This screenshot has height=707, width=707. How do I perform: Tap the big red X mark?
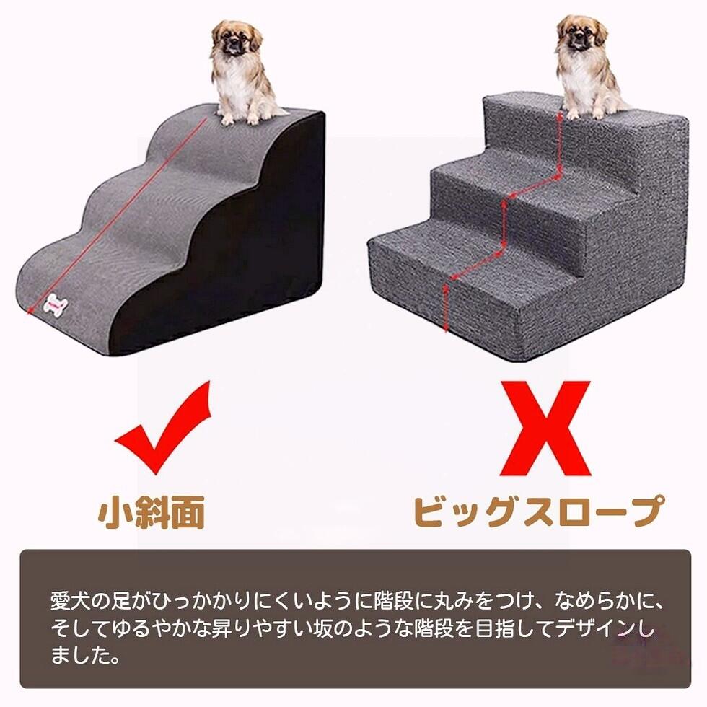point(545,429)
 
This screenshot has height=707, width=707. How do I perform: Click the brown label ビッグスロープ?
point(540,511)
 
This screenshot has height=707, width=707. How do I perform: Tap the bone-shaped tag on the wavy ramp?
point(56,307)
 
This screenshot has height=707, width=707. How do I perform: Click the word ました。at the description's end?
point(86,655)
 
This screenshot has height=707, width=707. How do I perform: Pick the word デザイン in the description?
point(597,628)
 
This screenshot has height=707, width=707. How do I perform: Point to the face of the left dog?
point(234,40)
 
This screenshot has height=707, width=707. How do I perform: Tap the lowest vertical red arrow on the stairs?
point(447,307)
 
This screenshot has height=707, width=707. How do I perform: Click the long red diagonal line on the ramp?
point(118,215)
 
